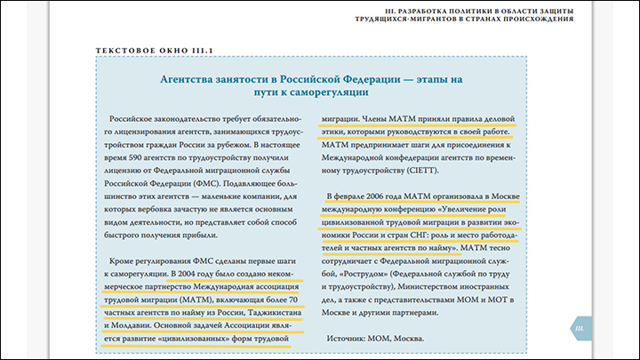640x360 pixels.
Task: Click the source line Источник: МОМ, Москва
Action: [375, 339]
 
